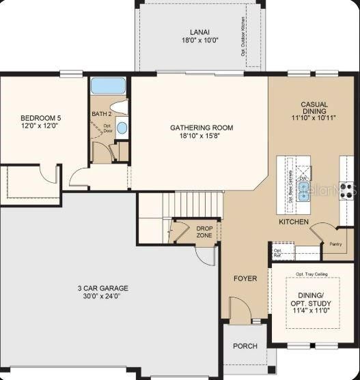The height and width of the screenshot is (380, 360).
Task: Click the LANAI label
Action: [199, 32]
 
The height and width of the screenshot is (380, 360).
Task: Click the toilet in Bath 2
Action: [121, 107]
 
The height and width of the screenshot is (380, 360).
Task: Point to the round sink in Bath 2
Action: [122, 127]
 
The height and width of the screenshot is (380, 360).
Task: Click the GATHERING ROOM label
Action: [202, 128]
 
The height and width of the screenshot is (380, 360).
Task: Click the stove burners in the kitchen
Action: [347, 189]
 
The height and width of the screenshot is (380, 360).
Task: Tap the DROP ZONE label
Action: [204, 232]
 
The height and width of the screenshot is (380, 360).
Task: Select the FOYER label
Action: [245, 278]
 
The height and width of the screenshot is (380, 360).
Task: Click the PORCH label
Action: [245, 346]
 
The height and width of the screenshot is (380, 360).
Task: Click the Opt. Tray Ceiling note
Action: [311, 274]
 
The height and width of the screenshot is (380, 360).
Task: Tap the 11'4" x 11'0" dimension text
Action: [311, 310]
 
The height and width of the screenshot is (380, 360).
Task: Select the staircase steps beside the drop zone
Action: [199, 203]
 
